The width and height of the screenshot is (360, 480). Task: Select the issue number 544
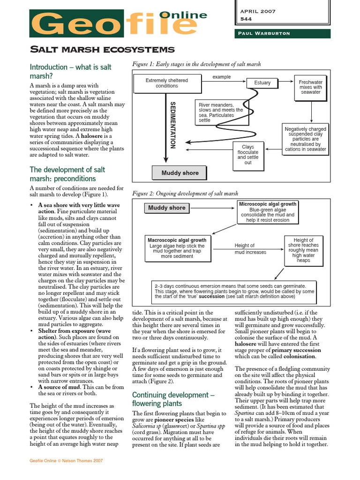(x=246, y=19)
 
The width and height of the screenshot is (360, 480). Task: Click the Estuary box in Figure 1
(x=262, y=82)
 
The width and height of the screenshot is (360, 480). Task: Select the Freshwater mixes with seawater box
(x=310, y=87)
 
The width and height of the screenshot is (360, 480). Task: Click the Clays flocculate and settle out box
(x=247, y=155)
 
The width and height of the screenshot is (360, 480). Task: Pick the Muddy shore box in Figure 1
(x=180, y=173)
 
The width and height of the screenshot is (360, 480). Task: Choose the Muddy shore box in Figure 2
(x=166, y=208)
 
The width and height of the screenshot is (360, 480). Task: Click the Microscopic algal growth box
(x=268, y=212)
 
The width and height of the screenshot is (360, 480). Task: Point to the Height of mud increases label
(x=250, y=248)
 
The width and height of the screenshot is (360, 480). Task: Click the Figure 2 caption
(x=185, y=193)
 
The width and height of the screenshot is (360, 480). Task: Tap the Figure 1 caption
(x=196, y=64)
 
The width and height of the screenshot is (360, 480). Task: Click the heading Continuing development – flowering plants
(x=173, y=399)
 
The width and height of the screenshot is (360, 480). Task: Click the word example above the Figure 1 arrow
(x=222, y=76)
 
